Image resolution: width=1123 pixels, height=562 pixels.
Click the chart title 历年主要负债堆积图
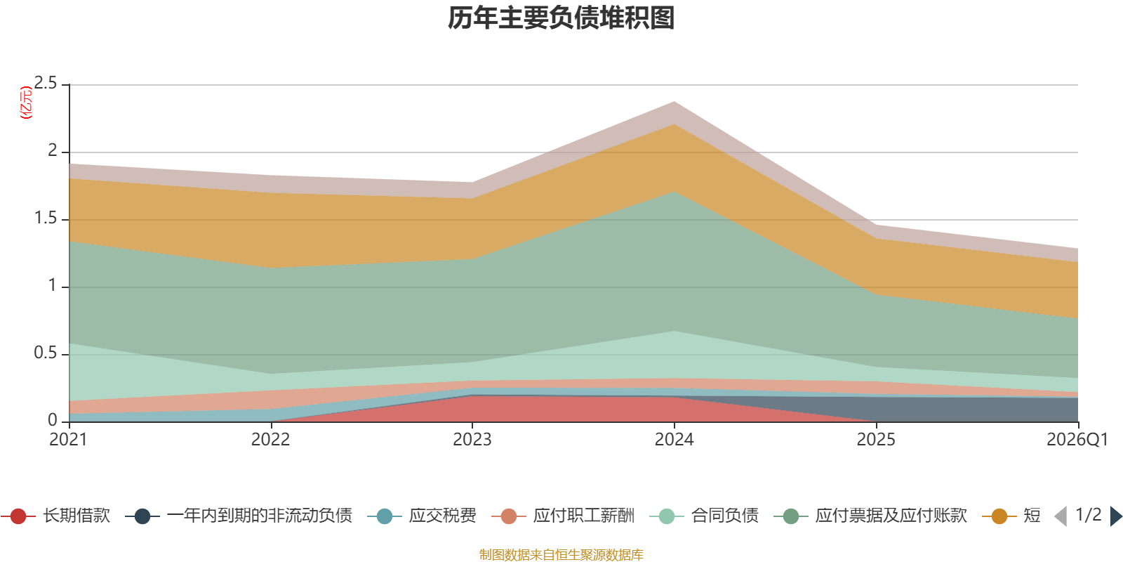tap(561, 18)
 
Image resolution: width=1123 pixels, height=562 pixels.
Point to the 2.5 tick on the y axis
tap(46, 84)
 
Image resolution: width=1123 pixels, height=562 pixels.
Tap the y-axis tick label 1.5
tap(46, 218)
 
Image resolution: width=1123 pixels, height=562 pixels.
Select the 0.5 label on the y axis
tap(46, 353)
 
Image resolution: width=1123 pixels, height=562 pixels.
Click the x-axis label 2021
tap(68, 440)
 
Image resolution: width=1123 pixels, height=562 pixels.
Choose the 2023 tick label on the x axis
tap(472, 440)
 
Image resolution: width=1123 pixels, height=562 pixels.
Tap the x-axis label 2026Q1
tap(1077, 440)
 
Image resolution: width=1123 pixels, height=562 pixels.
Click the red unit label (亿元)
tap(25, 103)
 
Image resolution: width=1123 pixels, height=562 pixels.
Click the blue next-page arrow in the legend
tap(1116, 516)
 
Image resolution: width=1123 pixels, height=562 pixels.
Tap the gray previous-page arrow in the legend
tap(1061, 516)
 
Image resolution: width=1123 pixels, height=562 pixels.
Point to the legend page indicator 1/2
tap(1089, 515)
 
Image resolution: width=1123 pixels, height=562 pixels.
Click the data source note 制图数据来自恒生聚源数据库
tap(561, 554)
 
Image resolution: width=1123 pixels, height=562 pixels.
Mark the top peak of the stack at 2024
tap(675, 102)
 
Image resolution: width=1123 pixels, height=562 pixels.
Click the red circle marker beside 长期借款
tap(18, 516)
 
